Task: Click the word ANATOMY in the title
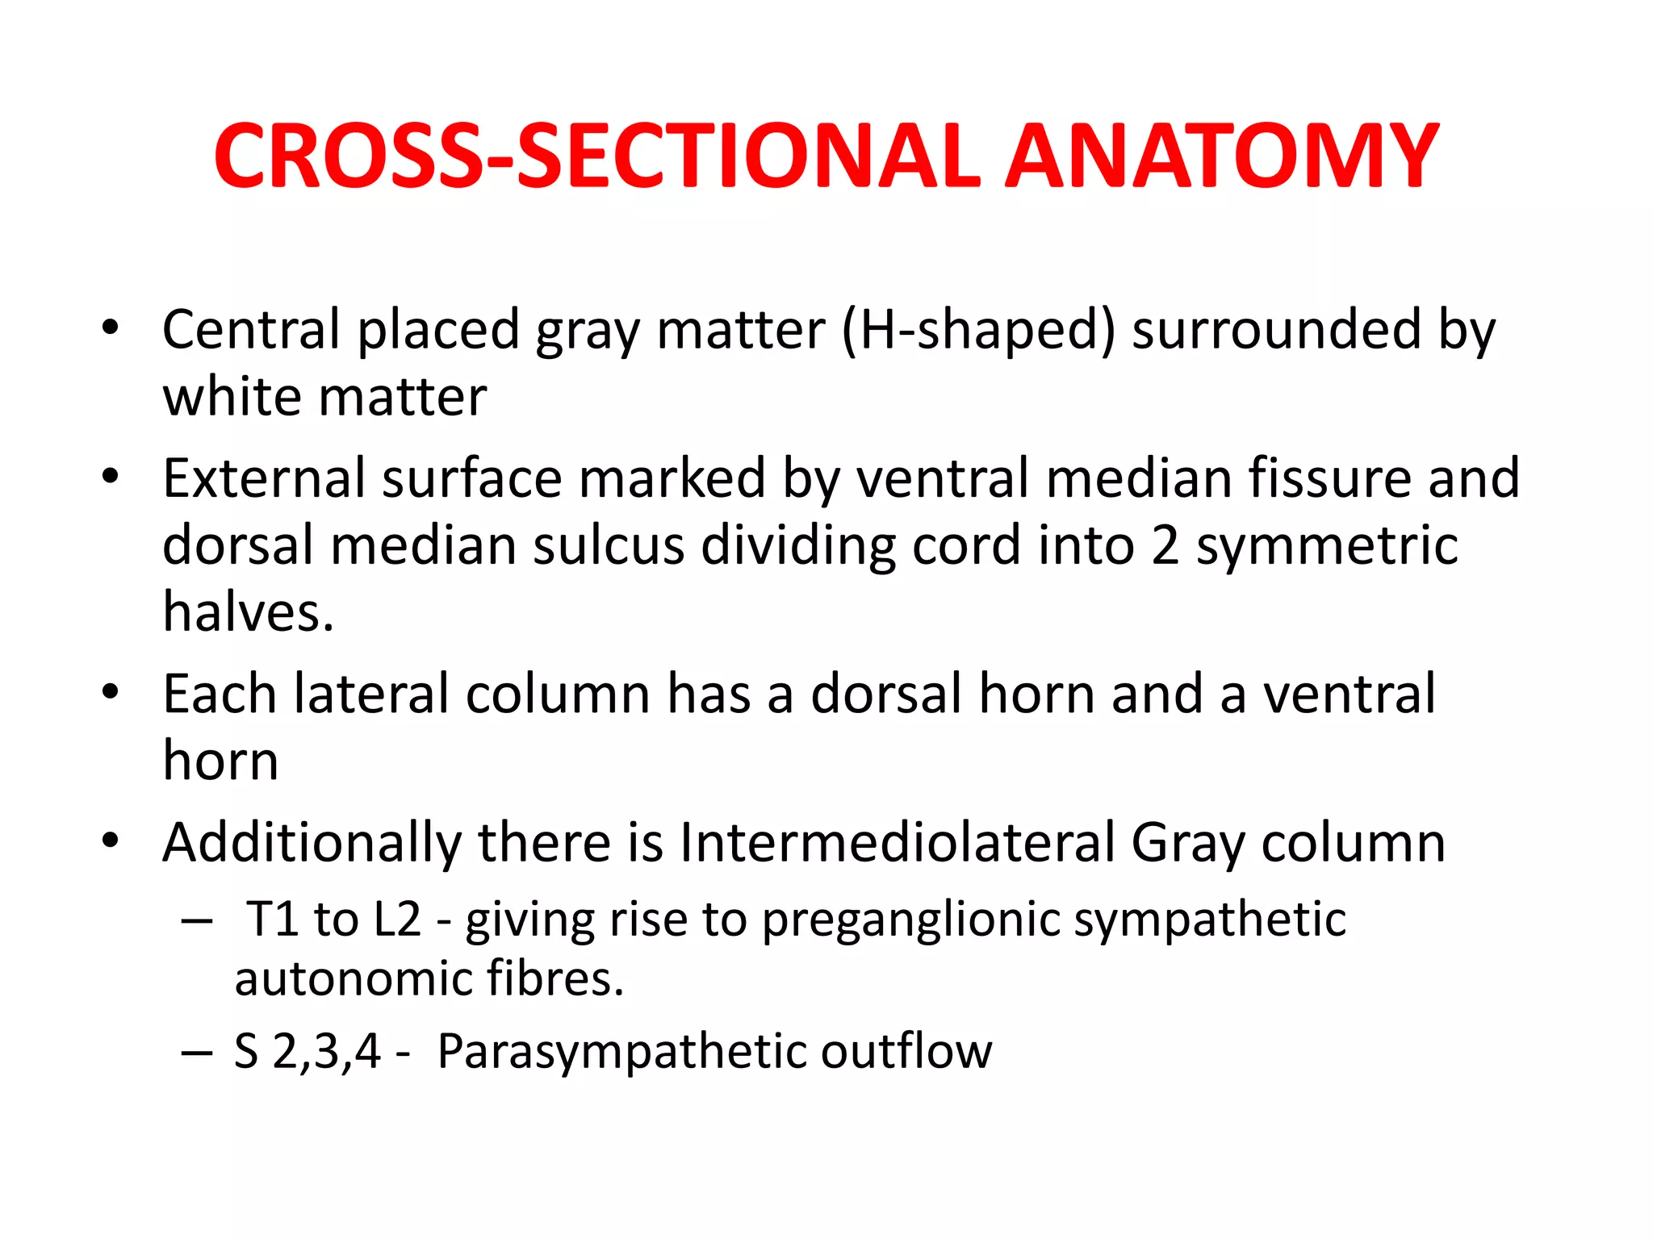[x=1220, y=156]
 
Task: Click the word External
[x=263, y=478]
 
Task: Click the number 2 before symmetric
[x=1165, y=546]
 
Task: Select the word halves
[x=248, y=612]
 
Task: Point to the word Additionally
[x=312, y=843]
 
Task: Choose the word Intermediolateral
[x=897, y=843]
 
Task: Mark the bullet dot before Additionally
[x=111, y=841]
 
